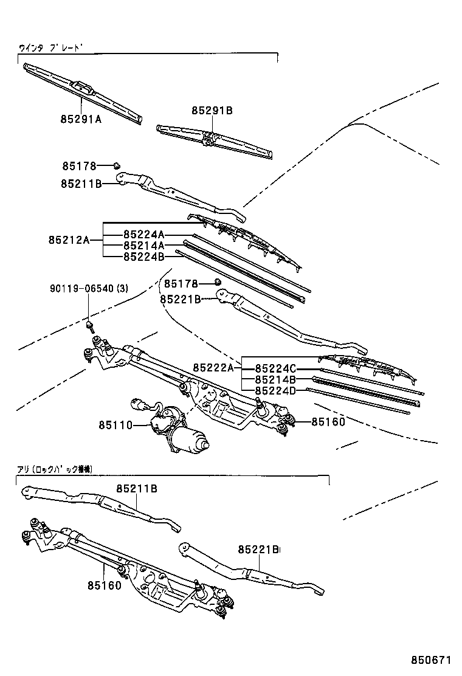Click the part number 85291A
80,119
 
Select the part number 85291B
212,111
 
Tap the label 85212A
69,240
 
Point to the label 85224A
144,235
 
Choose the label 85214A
144,246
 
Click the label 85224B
144,257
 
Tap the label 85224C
275,368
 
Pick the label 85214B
275,379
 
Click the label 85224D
275,391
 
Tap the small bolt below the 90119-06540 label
91,326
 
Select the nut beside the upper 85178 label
118,165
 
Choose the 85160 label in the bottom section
104,585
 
